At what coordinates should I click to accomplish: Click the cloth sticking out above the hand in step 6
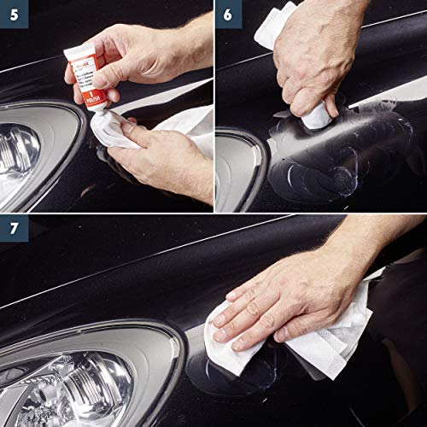pos(273,26)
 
